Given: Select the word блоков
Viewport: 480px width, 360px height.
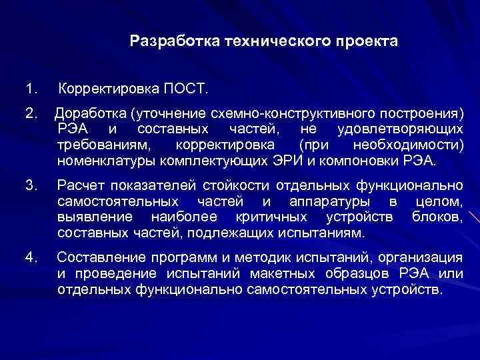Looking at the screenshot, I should click(437, 217).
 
